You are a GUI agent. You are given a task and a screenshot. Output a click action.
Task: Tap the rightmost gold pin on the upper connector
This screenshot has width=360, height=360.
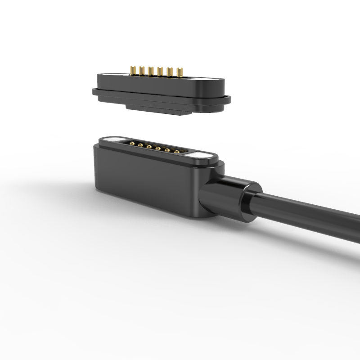click(179, 72)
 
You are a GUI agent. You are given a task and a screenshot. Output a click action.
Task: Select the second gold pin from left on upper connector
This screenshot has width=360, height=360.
click(142, 70)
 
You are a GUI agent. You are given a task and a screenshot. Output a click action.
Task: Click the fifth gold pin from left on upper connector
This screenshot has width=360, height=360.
click(170, 71)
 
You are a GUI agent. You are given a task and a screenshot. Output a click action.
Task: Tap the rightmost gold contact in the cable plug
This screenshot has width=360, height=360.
click(176, 151)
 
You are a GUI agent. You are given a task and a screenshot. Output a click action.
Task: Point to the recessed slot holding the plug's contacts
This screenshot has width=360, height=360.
click(155, 148)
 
